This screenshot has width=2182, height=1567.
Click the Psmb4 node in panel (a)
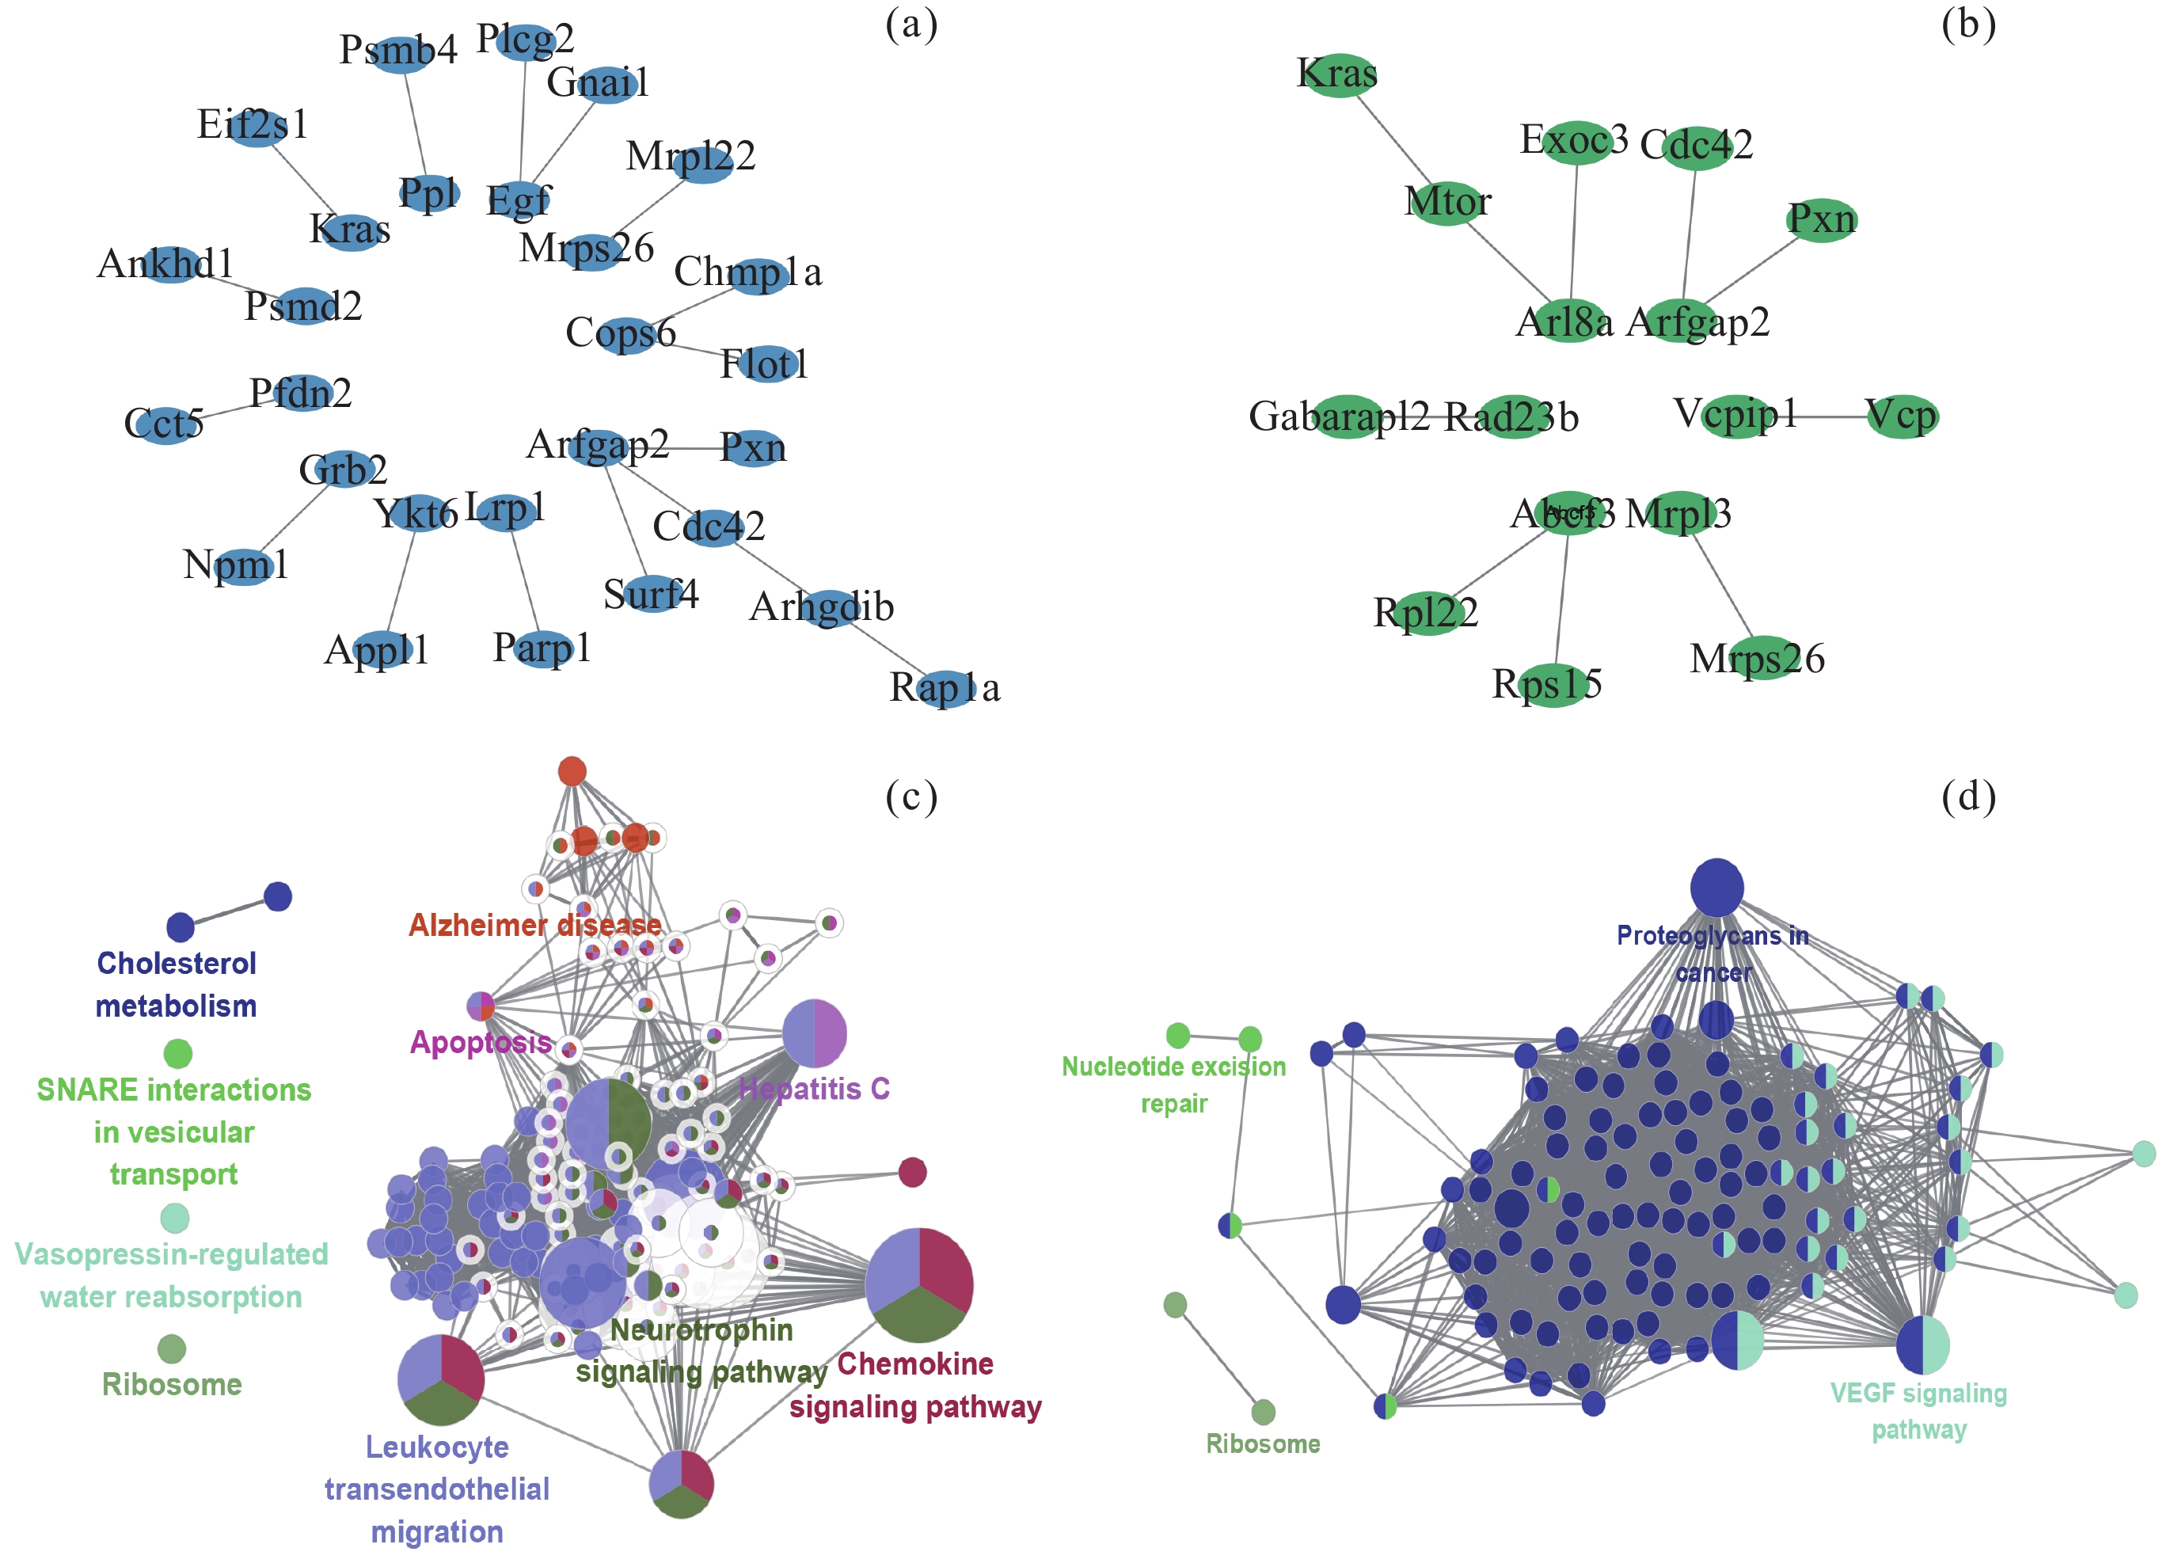(399, 51)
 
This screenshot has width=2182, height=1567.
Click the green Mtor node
(1448, 203)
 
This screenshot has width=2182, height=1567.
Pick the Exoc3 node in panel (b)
(1576, 143)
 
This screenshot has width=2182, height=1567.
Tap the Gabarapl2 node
(1347, 416)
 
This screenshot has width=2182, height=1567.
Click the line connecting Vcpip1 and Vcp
(1830, 416)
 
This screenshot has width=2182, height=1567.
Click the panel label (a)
(911, 25)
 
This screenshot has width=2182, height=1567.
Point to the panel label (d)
(1967, 797)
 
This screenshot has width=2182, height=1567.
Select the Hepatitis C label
(814, 1089)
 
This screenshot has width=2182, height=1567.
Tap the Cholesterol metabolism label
(176, 985)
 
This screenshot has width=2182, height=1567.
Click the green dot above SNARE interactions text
(178, 1053)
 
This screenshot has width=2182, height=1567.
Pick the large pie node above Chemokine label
(918, 1285)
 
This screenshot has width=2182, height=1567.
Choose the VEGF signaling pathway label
(1918, 1411)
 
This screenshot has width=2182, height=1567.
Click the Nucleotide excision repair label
(1174, 1085)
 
